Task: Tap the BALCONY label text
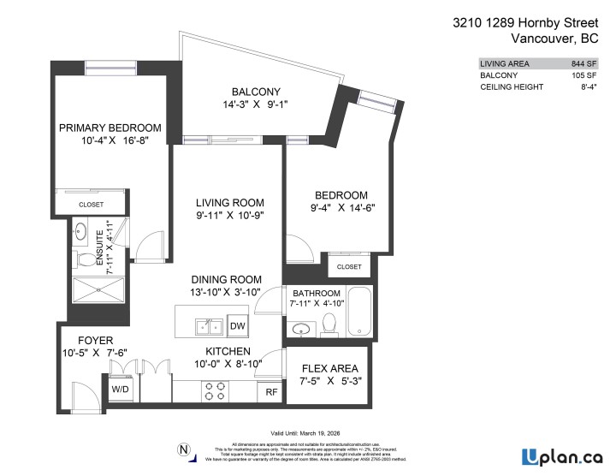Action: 256,92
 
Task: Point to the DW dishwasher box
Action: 238,325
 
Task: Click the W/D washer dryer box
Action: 121,388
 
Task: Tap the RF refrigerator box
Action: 270,391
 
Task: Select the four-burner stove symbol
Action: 214,390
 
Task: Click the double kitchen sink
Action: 207,326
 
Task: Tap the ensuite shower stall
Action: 98,292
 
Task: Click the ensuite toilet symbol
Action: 86,259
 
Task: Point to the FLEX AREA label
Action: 329,369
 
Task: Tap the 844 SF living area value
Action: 583,63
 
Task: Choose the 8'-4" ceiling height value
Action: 587,87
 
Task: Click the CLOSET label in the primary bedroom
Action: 92,205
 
